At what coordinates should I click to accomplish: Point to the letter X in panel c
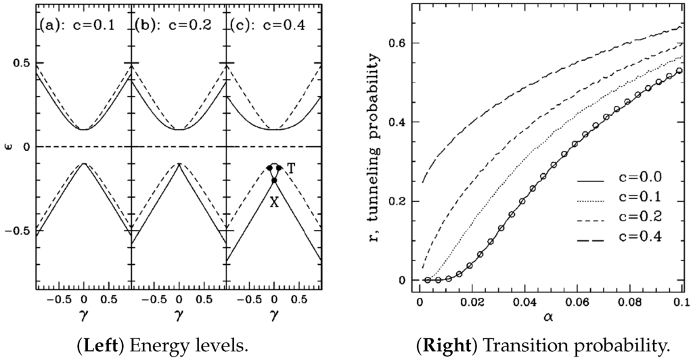click(275, 202)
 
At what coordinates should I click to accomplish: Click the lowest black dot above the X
click(274, 181)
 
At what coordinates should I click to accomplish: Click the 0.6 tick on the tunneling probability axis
click(395, 43)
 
